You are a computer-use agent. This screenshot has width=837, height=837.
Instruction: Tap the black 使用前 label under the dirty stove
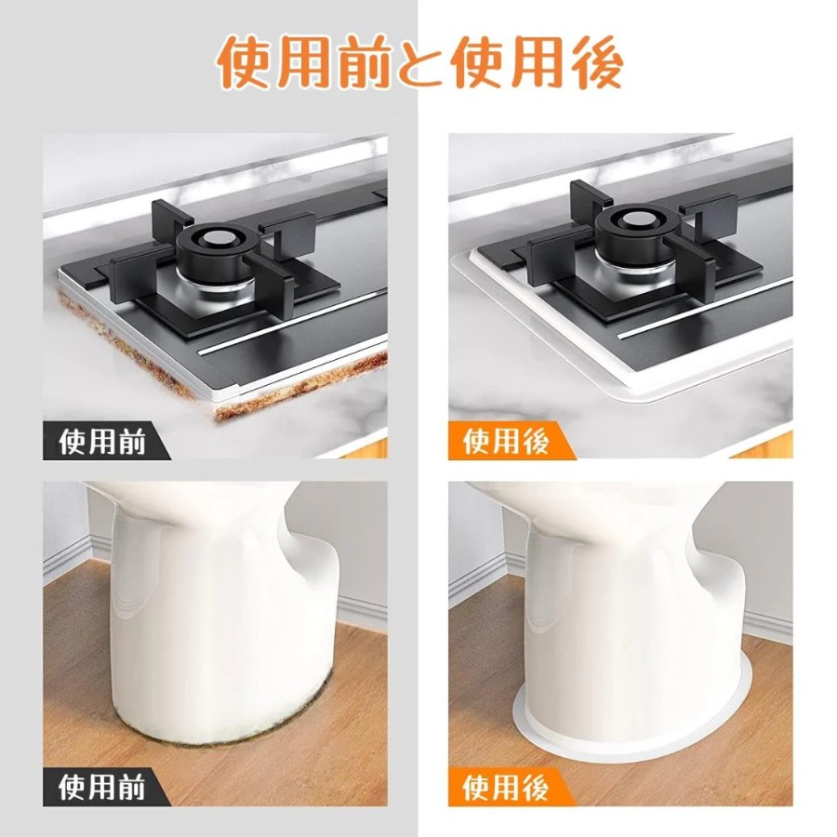(101, 442)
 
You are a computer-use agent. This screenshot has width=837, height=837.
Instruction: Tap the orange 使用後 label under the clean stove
(506, 442)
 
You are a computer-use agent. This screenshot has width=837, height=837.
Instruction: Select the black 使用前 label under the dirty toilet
(101, 788)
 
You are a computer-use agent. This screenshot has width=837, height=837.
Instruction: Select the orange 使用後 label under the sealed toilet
(506, 788)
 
